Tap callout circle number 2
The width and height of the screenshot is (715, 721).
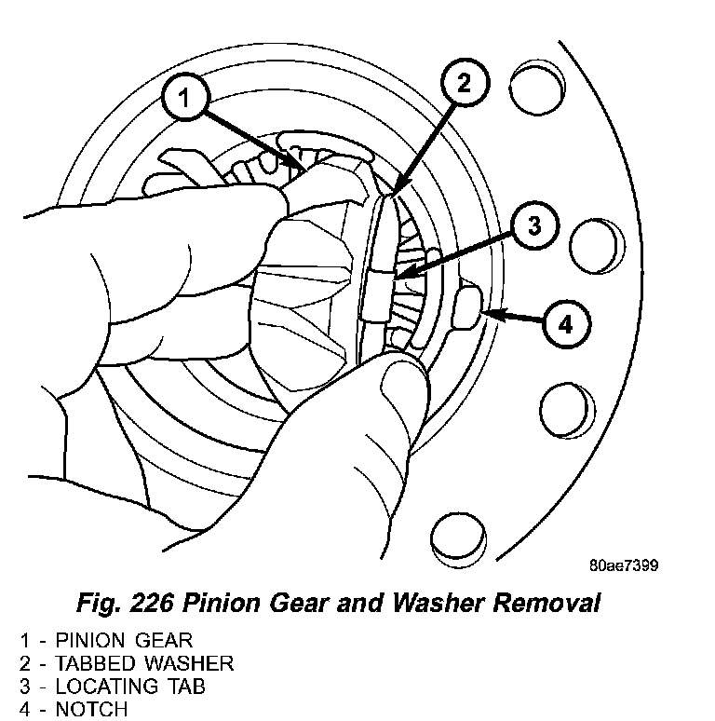[x=463, y=83]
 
